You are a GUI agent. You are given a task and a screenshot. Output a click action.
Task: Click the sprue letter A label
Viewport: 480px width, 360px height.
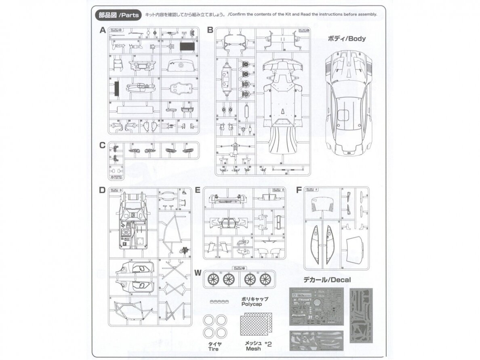[103, 30]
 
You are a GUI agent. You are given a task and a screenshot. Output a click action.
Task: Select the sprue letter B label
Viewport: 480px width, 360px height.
[210, 30]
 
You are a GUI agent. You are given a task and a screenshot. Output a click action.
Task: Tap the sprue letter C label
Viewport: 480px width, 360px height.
[103, 145]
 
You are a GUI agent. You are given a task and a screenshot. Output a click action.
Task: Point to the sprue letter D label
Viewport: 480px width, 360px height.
[103, 190]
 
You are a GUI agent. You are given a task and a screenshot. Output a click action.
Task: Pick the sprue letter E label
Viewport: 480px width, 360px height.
[198, 190]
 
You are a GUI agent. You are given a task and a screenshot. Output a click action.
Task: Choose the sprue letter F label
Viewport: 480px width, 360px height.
[299, 190]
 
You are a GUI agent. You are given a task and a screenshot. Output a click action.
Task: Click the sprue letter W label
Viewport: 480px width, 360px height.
[198, 273]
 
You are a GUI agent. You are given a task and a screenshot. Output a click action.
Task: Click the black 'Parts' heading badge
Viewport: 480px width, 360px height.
[117, 15]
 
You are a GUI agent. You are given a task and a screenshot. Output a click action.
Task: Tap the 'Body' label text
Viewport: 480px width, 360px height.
[348, 39]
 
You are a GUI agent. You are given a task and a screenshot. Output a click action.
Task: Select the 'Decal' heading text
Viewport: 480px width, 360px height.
[327, 280]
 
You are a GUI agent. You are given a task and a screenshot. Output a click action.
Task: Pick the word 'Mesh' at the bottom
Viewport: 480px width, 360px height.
[252, 348]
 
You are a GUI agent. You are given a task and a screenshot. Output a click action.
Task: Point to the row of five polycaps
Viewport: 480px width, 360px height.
[219, 301]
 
